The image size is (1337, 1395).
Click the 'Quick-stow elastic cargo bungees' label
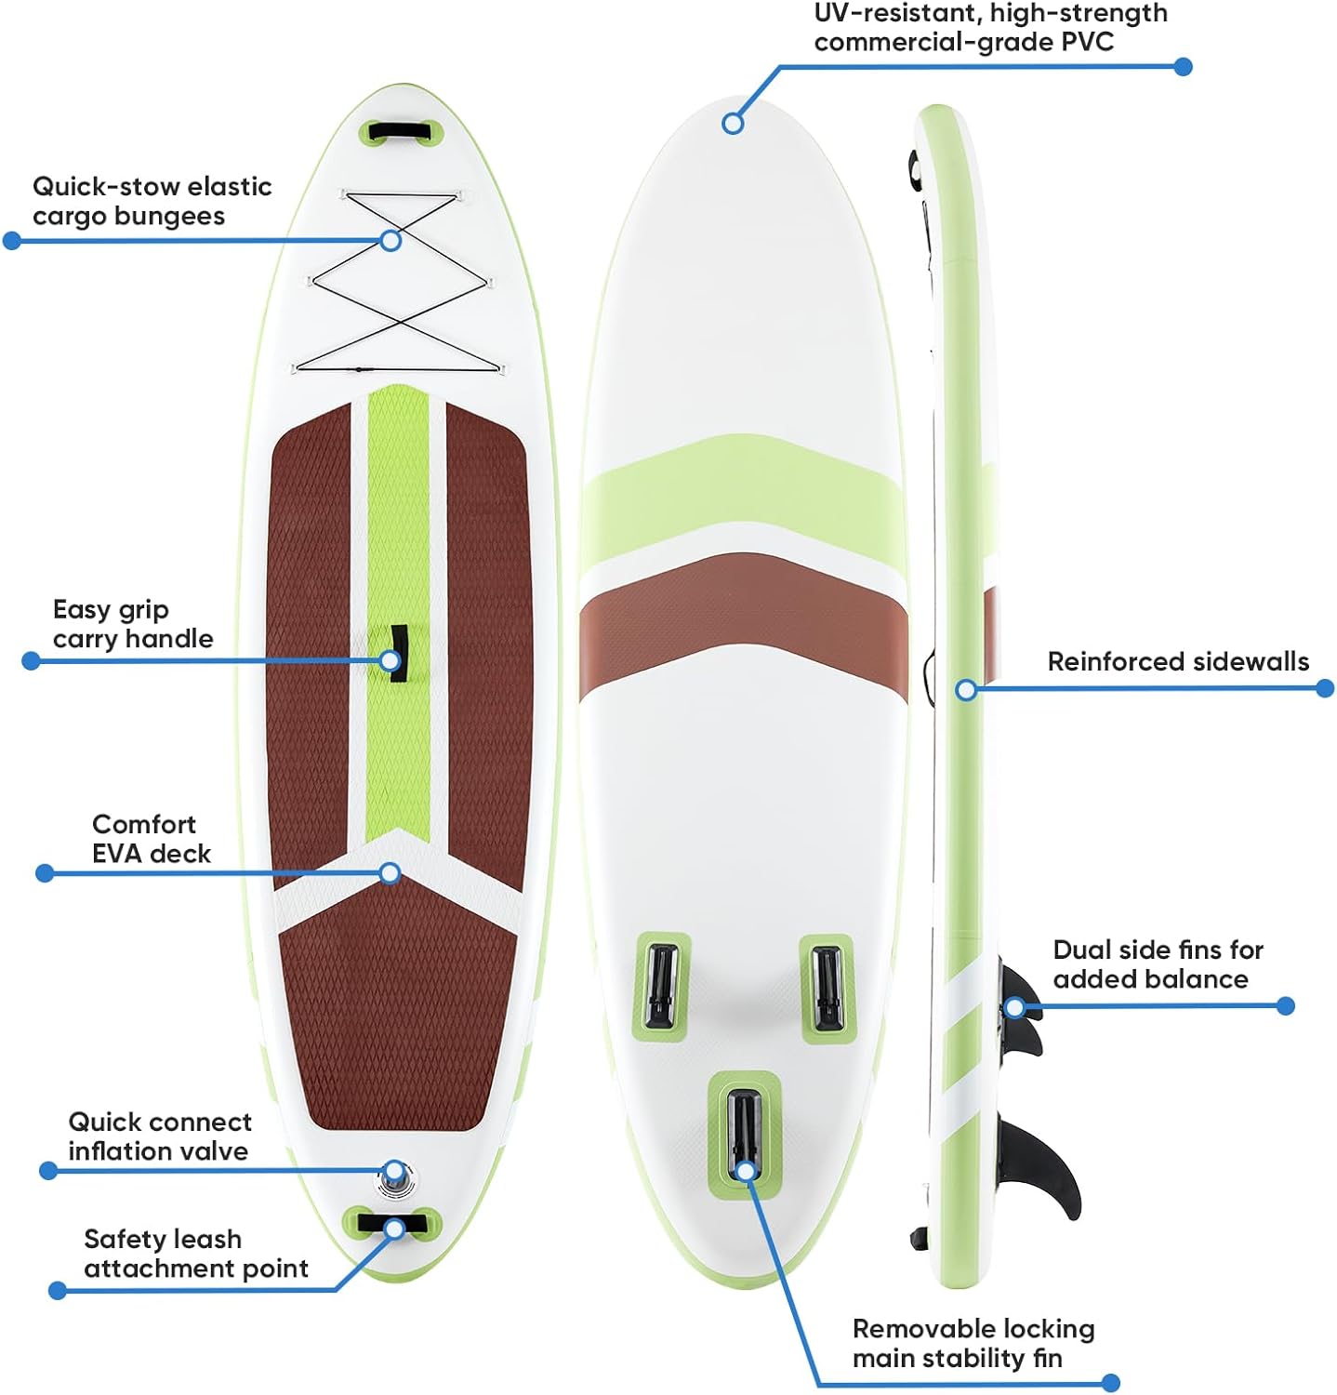point(152,201)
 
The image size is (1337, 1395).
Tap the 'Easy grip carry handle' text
point(132,624)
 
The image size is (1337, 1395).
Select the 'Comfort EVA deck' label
point(151,839)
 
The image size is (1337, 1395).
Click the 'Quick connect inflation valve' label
point(159,1136)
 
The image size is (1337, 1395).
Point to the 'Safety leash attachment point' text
point(195,1254)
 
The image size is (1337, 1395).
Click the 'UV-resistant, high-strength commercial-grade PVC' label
point(990,27)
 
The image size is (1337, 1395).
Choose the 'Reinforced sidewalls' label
point(1177,661)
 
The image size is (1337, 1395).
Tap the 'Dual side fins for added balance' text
point(1158,964)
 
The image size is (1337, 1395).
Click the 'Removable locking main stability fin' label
point(973,1344)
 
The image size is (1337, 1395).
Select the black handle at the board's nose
point(400,130)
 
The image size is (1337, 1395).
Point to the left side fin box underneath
point(661,985)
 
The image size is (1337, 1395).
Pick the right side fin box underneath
point(826,988)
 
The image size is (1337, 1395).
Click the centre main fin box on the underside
point(744,1130)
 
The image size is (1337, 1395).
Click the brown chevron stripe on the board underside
point(744,614)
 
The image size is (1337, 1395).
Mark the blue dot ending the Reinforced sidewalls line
point(1325,688)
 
